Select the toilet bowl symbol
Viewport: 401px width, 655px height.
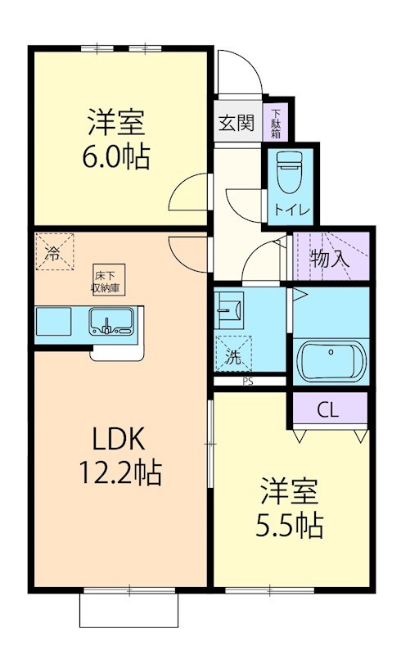click(x=289, y=173)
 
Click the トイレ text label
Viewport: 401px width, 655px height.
click(x=291, y=210)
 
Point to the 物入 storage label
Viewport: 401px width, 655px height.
click(x=330, y=259)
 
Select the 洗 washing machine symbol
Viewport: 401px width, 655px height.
click(x=233, y=354)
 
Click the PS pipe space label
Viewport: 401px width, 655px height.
click(x=246, y=382)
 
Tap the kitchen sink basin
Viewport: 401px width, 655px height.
click(x=112, y=323)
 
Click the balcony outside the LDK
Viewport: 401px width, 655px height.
click(x=128, y=610)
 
